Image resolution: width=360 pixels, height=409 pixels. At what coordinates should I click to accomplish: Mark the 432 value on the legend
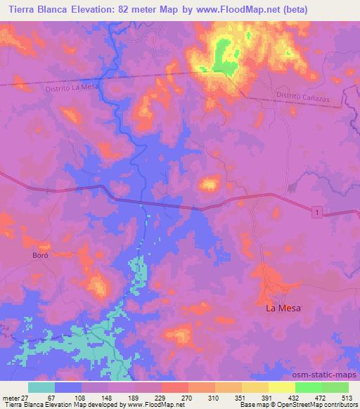292,398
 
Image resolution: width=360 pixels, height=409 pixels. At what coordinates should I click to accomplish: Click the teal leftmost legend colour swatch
41,387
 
